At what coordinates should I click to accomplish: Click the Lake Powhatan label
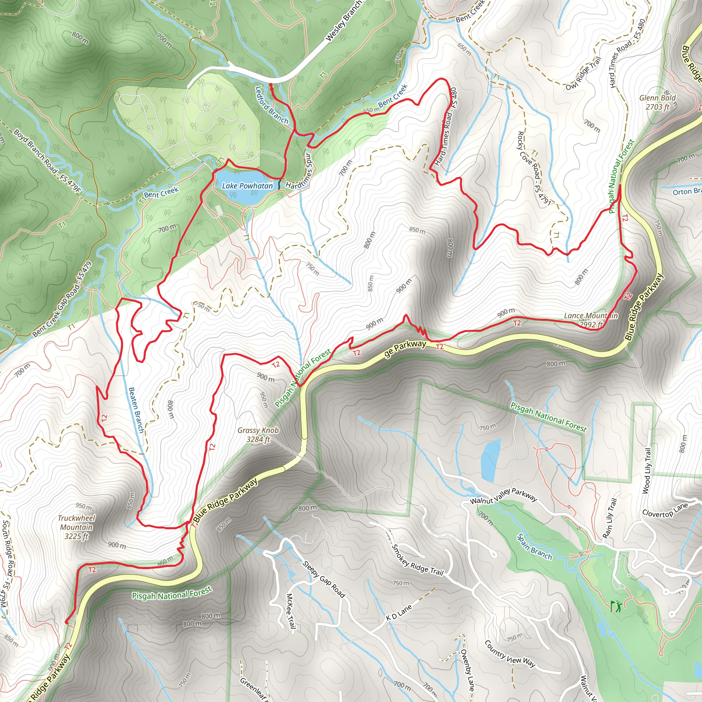pyautogui.click(x=247, y=186)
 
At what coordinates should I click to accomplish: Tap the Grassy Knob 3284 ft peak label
pyautogui.click(x=258, y=435)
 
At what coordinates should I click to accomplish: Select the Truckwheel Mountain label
pyautogui.click(x=76, y=527)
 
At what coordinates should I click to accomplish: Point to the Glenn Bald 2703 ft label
pyautogui.click(x=657, y=102)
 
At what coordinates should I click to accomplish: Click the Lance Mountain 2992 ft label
pyautogui.click(x=591, y=320)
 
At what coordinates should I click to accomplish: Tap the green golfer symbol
pyautogui.click(x=616, y=606)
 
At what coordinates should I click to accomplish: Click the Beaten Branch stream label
pyautogui.click(x=136, y=410)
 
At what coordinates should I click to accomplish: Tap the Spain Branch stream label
pyautogui.click(x=534, y=546)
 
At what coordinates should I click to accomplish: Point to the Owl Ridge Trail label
pyautogui.click(x=583, y=74)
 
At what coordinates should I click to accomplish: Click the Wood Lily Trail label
pyautogui.click(x=647, y=471)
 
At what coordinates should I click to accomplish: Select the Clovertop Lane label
pyautogui.click(x=665, y=510)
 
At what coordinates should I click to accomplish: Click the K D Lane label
pyautogui.click(x=399, y=613)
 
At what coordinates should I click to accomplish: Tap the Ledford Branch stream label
pyautogui.click(x=271, y=105)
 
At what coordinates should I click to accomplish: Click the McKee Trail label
pyautogui.click(x=290, y=611)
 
